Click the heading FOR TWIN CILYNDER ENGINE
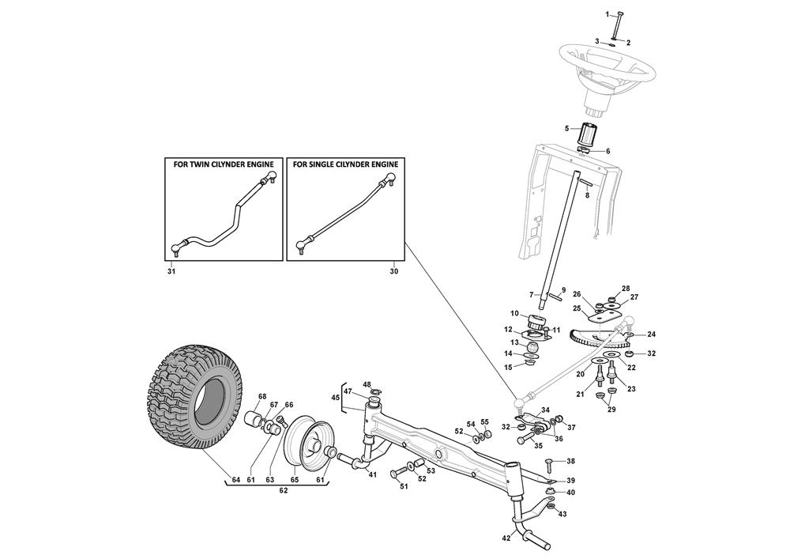click(224, 164)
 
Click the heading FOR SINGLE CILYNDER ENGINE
click(346, 164)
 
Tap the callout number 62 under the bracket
click(283, 490)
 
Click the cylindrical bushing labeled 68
click(255, 420)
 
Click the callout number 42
click(506, 538)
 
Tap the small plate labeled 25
click(603, 316)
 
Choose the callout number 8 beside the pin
click(587, 195)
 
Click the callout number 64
click(235, 479)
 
